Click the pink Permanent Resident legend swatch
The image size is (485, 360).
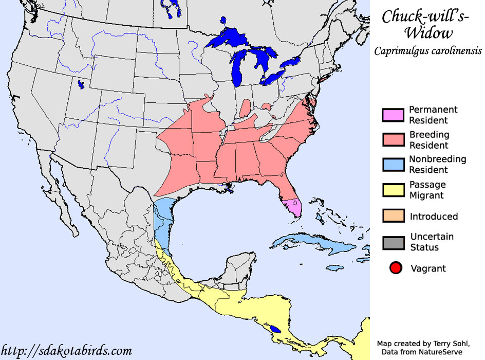(x=393, y=115)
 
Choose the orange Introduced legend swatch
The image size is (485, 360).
(x=393, y=215)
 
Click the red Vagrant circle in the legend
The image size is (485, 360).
(x=395, y=268)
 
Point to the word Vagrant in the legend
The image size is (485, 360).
(x=428, y=268)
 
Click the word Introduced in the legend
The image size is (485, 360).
(x=434, y=217)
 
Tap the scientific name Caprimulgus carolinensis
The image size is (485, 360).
(x=427, y=51)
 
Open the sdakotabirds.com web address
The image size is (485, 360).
(x=67, y=351)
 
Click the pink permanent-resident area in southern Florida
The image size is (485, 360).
(x=294, y=207)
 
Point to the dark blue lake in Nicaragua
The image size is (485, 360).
(x=276, y=328)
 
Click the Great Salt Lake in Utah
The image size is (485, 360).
(x=81, y=84)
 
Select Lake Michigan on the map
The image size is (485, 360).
(x=237, y=67)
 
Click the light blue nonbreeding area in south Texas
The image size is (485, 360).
(x=163, y=221)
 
